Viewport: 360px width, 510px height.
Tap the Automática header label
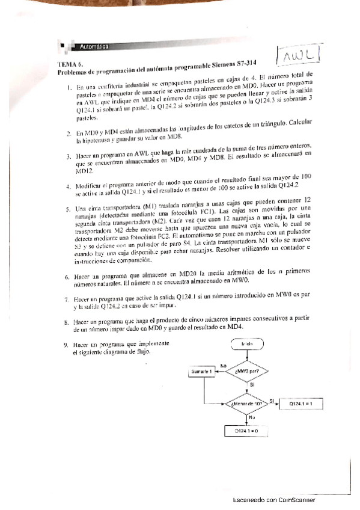coord(91,46)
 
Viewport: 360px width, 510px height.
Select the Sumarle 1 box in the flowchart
coord(203,372)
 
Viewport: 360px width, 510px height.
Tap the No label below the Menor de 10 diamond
coord(252,416)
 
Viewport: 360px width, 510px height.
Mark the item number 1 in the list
coord(70,87)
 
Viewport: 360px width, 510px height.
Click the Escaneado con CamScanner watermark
coord(273,500)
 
